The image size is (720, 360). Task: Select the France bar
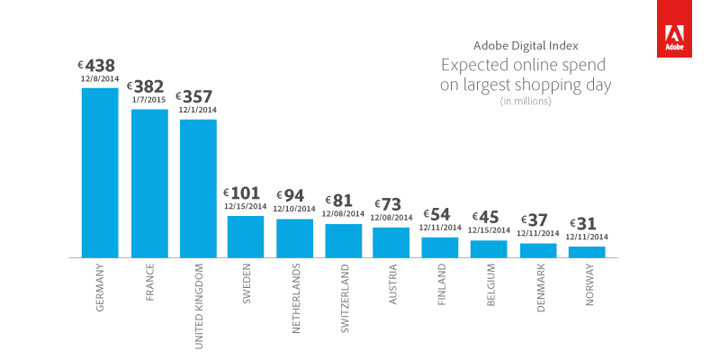point(149,184)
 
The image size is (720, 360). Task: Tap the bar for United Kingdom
point(198,188)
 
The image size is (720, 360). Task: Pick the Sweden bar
point(246,237)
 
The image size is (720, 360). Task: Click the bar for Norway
point(587,252)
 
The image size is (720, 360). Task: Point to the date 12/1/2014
point(198,110)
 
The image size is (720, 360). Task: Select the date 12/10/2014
point(294,209)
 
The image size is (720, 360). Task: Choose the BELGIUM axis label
point(490,287)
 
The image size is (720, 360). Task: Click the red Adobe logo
point(672,29)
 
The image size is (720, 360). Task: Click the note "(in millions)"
point(526,102)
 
